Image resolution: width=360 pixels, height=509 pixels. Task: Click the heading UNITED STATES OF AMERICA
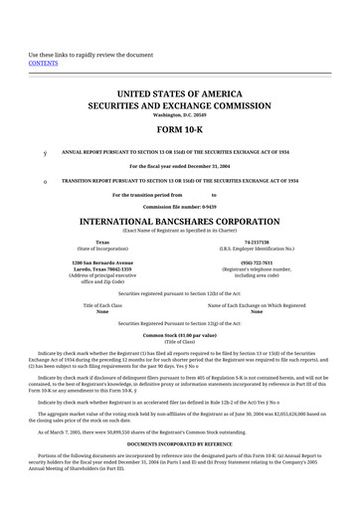[x=180, y=92]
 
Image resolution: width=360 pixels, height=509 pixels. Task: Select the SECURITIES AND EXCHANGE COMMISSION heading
[x=180, y=104]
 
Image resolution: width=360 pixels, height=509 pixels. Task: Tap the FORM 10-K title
[x=180, y=130]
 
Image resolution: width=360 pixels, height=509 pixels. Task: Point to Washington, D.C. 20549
[x=180, y=114]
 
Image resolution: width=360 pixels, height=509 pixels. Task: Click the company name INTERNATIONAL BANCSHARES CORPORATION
[x=180, y=218]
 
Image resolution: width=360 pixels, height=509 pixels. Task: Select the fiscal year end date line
[x=180, y=165]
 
